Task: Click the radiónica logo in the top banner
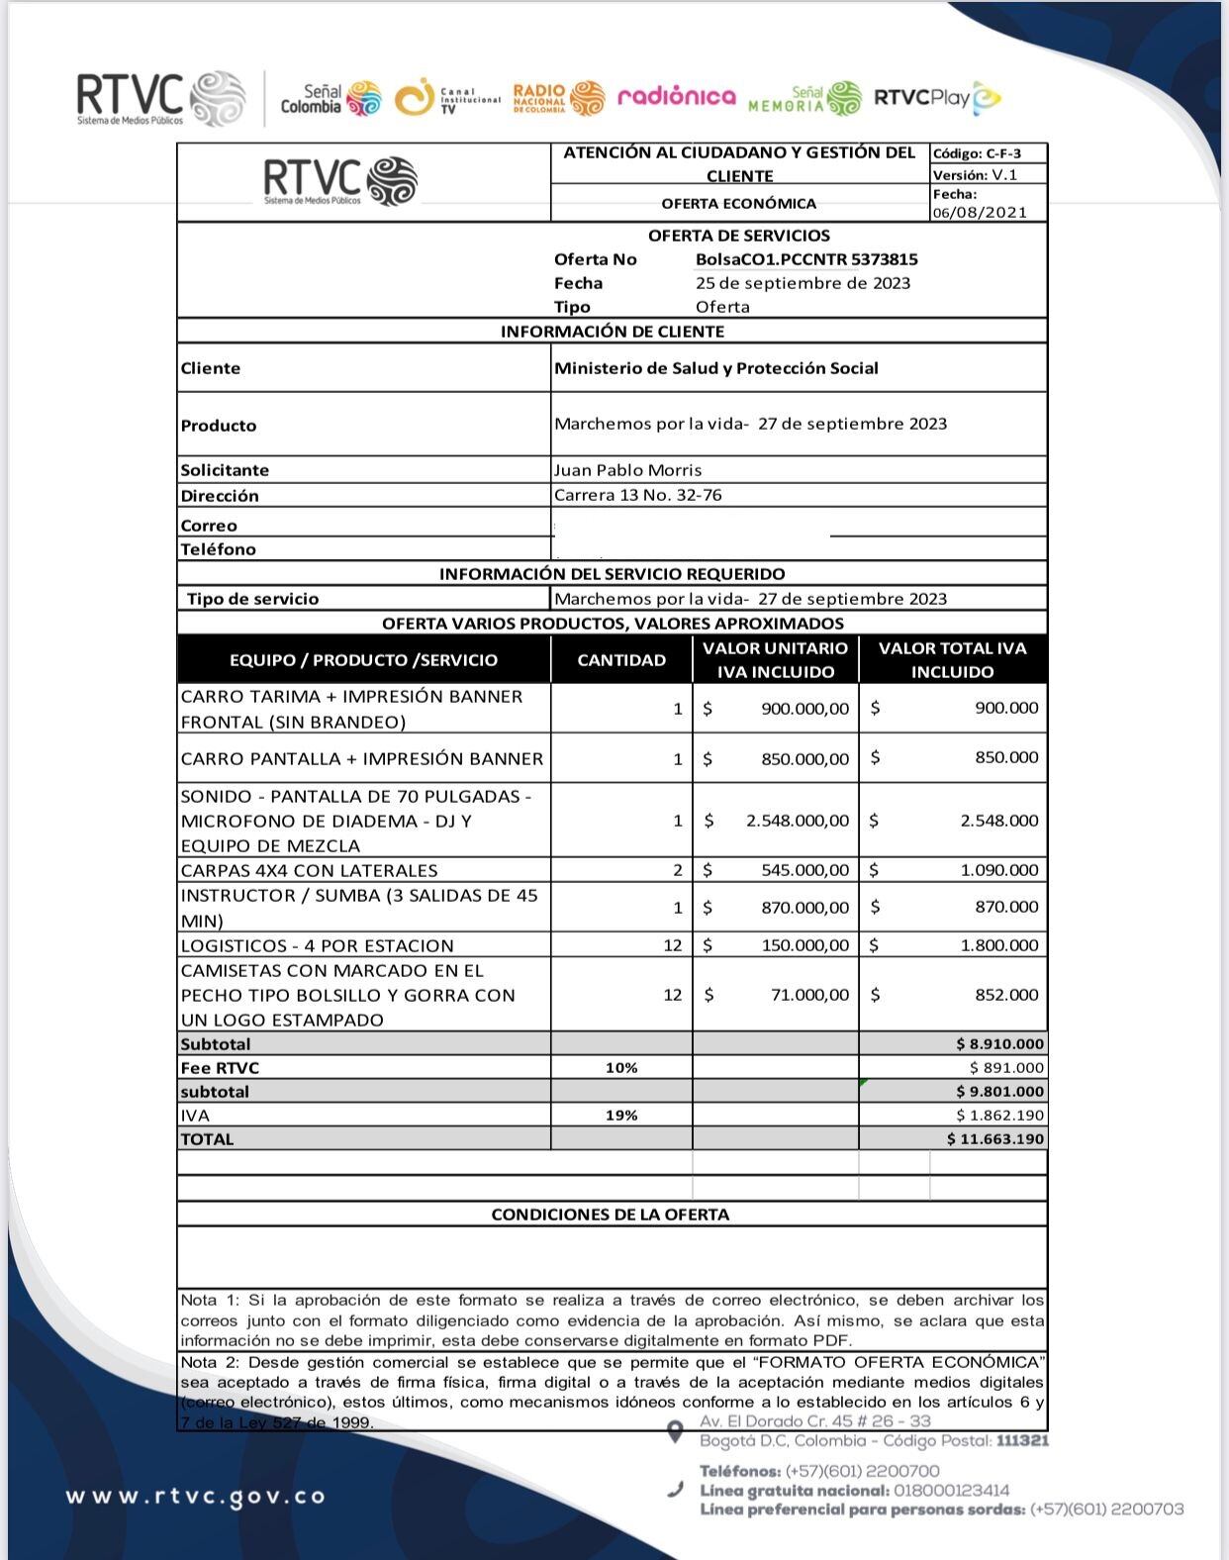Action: tap(677, 96)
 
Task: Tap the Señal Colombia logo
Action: tap(331, 98)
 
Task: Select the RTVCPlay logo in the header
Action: tap(936, 97)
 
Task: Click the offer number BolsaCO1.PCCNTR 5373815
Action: tap(805, 259)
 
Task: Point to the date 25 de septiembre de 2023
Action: tap(803, 283)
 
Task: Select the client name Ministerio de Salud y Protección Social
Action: tap(715, 368)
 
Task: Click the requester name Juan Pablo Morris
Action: tap(627, 470)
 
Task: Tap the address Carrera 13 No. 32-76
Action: tap(637, 495)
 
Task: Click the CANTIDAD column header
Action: tap(621, 660)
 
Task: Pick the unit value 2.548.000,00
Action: tap(798, 821)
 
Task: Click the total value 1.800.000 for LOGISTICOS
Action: tap(999, 945)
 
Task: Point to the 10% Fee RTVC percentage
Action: tap(621, 1068)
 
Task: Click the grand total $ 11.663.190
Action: tap(994, 1139)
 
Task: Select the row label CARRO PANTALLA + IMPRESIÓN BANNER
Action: tap(362, 759)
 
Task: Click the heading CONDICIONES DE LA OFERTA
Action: tap(611, 1215)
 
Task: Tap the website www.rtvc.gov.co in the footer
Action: tap(196, 1496)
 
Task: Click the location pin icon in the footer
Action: tap(675, 1431)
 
